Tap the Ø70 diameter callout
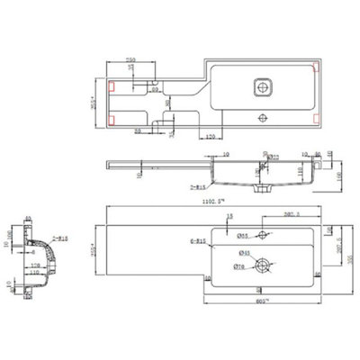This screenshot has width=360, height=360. click(238, 267)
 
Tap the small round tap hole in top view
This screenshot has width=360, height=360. click(264, 115)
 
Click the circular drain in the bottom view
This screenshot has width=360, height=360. click(264, 265)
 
